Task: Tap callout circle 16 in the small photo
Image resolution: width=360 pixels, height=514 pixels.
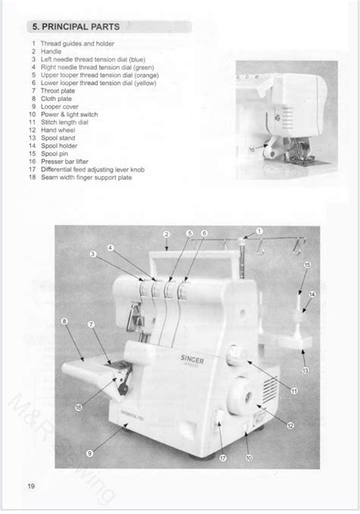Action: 252,150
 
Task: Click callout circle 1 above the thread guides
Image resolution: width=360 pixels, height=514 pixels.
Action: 259,230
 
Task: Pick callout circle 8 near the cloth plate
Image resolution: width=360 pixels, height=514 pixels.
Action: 65,322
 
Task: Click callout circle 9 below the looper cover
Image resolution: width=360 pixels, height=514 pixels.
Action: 90,453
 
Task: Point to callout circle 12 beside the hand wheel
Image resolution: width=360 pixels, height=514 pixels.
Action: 291,427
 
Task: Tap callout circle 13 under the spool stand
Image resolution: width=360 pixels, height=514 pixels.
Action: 305,371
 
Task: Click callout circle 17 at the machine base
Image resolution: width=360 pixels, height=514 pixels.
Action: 223,458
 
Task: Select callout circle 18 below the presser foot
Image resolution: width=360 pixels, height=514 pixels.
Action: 78,407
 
